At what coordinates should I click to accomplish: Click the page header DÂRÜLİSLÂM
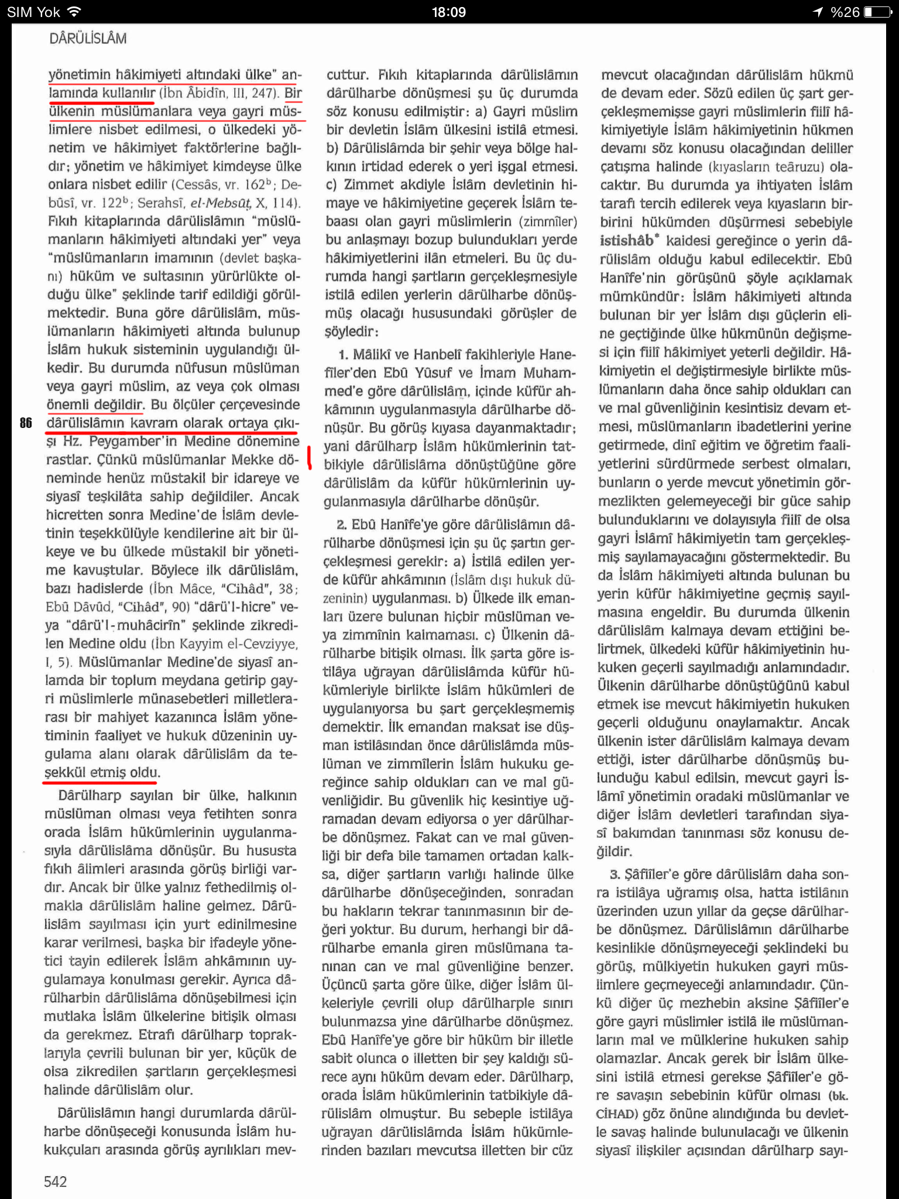pos(88,39)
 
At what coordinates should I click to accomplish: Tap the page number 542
pos(55,1181)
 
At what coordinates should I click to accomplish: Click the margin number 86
pos(26,423)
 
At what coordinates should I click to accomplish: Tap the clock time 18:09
pos(449,12)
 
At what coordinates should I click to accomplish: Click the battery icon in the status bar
pos(876,12)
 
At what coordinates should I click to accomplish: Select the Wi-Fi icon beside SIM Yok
pos(74,12)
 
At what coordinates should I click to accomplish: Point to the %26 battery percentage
pos(845,12)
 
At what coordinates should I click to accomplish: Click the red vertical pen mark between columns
pos(310,458)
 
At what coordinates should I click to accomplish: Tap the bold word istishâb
pos(626,241)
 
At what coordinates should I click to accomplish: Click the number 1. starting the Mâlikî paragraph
pos(344,355)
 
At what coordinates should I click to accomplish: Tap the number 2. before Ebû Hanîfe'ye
pos(341,525)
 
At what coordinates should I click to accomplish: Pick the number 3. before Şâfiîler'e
pos(615,874)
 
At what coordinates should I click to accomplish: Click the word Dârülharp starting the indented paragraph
pos(90,796)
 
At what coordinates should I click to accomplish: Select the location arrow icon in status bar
pos(818,12)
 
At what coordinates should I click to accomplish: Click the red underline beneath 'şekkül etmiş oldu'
pos(100,782)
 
